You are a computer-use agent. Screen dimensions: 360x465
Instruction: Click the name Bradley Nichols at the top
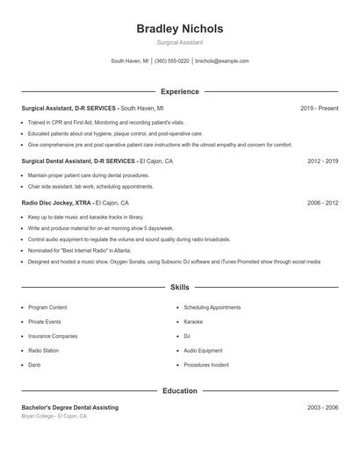(x=180, y=28)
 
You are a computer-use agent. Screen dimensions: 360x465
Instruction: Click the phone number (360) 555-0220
(x=172, y=61)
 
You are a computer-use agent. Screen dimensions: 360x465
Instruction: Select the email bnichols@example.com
(x=222, y=61)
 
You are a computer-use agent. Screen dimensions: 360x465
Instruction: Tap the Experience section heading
(x=180, y=91)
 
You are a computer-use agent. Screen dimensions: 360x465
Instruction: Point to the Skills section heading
(x=180, y=287)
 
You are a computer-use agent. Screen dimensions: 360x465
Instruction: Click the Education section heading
(x=180, y=390)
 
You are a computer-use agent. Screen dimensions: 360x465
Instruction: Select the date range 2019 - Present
(x=319, y=108)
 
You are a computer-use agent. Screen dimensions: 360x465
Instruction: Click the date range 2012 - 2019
(x=323, y=161)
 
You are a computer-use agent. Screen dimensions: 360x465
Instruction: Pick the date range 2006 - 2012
(x=323, y=203)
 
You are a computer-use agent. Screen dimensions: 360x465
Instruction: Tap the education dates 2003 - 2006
(x=323, y=408)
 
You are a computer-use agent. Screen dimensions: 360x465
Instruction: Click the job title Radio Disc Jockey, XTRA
(x=56, y=203)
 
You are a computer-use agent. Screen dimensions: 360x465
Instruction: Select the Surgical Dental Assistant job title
(x=78, y=161)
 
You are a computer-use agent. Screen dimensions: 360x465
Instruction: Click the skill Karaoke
(x=193, y=322)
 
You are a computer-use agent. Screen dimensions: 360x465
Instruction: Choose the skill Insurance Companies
(x=53, y=336)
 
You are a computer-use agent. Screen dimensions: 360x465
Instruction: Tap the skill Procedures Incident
(x=206, y=364)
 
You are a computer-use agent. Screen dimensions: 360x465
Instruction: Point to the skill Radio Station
(x=44, y=350)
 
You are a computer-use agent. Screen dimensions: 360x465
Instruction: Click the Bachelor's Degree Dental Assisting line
(x=69, y=408)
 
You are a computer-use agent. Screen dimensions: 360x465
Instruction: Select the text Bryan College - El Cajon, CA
(x=54, y=416)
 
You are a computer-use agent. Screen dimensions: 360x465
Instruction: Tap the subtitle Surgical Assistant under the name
(x=180, y=42)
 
